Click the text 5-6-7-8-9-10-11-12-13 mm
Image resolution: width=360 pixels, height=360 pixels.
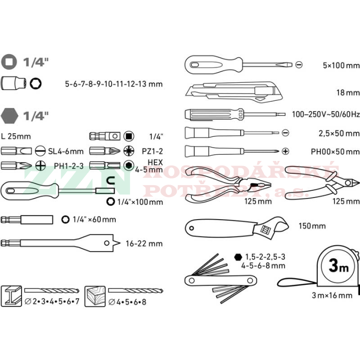(114, 83)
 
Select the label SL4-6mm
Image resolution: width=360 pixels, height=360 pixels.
(66, 151)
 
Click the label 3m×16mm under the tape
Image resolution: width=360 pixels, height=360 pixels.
(332, 295)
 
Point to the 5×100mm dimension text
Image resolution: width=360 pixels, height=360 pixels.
(341, 65)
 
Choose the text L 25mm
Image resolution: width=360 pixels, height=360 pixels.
(16, 136)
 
